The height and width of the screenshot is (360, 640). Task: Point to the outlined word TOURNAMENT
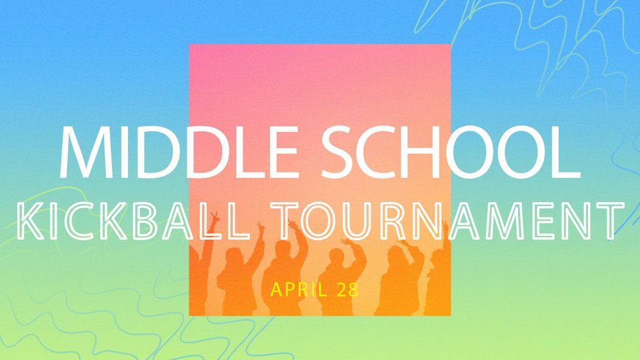[445, 222]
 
